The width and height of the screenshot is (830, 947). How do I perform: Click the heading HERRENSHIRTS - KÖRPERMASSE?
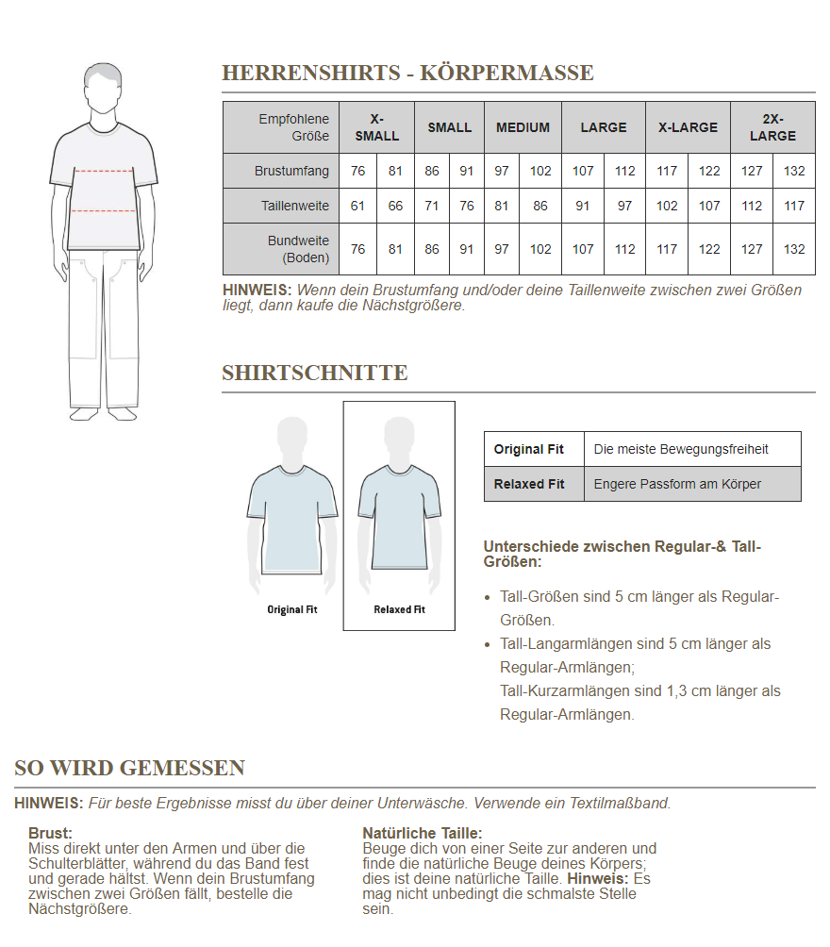407,73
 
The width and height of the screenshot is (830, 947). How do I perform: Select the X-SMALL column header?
376,127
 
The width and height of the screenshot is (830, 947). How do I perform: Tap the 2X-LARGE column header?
772,127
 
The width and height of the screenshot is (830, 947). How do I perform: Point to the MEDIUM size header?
523,127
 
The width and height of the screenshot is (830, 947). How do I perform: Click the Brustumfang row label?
291,171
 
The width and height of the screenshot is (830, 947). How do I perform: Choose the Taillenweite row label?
295,206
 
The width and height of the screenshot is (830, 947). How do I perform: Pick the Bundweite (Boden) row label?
298,249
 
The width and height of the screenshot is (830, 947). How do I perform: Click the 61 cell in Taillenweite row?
357,206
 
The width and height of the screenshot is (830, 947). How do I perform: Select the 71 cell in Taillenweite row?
432,206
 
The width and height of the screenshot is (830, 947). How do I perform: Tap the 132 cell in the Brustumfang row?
794,171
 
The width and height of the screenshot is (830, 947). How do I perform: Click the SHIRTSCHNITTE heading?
315,373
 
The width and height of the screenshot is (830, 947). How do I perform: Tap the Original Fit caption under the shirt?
291,610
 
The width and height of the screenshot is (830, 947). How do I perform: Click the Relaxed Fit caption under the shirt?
399,610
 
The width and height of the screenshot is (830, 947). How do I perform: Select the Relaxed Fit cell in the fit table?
529,484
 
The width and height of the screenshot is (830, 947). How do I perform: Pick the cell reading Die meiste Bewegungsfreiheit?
681,449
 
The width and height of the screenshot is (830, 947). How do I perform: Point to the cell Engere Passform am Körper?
677,484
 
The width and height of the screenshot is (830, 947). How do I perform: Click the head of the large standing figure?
104,88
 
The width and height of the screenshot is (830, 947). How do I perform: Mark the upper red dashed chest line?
104,172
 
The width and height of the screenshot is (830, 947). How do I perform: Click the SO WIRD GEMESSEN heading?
129,768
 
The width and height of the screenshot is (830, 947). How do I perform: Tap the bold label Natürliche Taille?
422,833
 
